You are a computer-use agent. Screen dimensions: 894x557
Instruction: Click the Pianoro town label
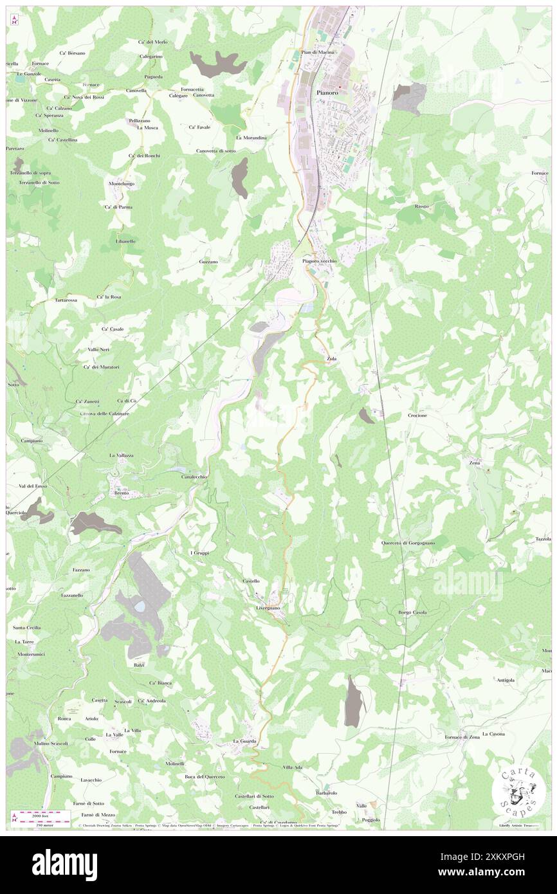click(327, 93)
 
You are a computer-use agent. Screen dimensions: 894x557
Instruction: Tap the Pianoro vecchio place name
click(319, 261)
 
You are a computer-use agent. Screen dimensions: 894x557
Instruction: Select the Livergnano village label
click(268, 608)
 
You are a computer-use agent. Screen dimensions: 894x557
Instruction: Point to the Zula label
click(332, 358)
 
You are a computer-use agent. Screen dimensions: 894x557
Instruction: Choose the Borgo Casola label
click(412, 612)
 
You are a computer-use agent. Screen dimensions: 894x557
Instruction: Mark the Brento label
click(122, 493)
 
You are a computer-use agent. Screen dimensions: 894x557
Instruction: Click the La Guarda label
click(244, 741)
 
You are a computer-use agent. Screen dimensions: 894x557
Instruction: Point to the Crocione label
click(417, 415)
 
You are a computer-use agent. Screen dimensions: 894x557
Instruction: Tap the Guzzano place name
click(208, 262)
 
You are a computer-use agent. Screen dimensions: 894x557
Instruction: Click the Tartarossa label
click(66, 300)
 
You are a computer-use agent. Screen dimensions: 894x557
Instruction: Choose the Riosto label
click(422, 206)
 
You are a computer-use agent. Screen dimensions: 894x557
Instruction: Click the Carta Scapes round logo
click(519, 790)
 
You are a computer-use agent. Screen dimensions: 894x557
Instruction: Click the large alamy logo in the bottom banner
click(64, 865)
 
